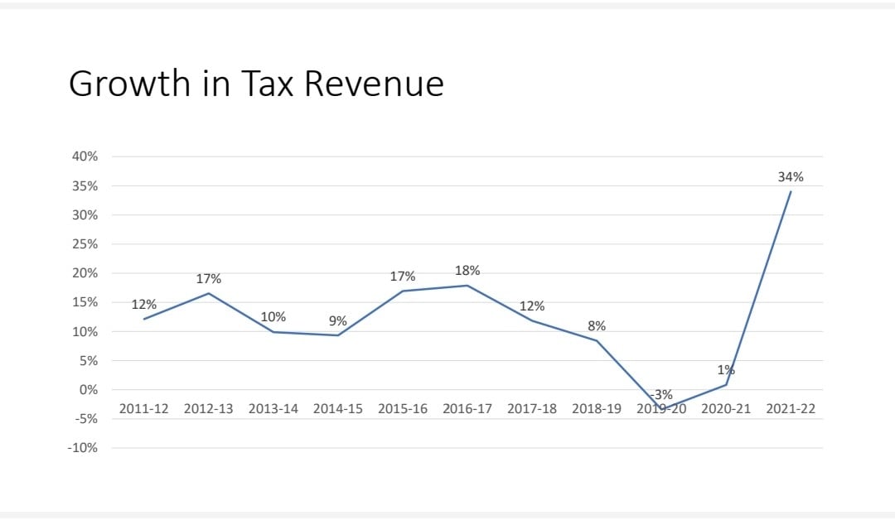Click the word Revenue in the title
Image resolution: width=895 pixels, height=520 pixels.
click(374, 84)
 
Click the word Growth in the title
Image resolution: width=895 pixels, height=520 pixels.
click(129, 84)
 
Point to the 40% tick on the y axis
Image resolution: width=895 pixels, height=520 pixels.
click(85, 156)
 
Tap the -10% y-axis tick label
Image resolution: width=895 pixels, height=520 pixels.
click(83, 448)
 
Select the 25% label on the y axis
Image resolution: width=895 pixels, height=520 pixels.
click(85, 244)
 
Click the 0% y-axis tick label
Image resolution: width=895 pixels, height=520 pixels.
click(89, 390)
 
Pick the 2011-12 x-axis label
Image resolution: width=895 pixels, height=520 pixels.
click(144, 409)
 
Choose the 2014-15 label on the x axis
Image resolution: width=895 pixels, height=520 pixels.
click(338, 409)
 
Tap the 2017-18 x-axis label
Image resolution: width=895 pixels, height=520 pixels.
click(532, 409)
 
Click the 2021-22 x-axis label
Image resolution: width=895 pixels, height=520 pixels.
click(791, 409)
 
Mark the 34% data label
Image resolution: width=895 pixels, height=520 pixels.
click(791, 177)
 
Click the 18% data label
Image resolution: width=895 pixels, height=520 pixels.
click(467, 271)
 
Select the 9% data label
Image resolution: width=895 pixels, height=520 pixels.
click(338, 321)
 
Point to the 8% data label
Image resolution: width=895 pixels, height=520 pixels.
click(597, 326)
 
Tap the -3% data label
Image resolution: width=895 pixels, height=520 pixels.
click(661, 395)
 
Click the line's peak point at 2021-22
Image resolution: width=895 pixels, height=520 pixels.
click(791, 191)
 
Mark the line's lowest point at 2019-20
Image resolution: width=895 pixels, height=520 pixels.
click(661, 409)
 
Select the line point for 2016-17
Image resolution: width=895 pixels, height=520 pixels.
click(467, 286)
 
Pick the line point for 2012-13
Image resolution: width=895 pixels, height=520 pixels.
click(208, 294)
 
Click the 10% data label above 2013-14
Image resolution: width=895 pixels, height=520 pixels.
click(273, 317)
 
